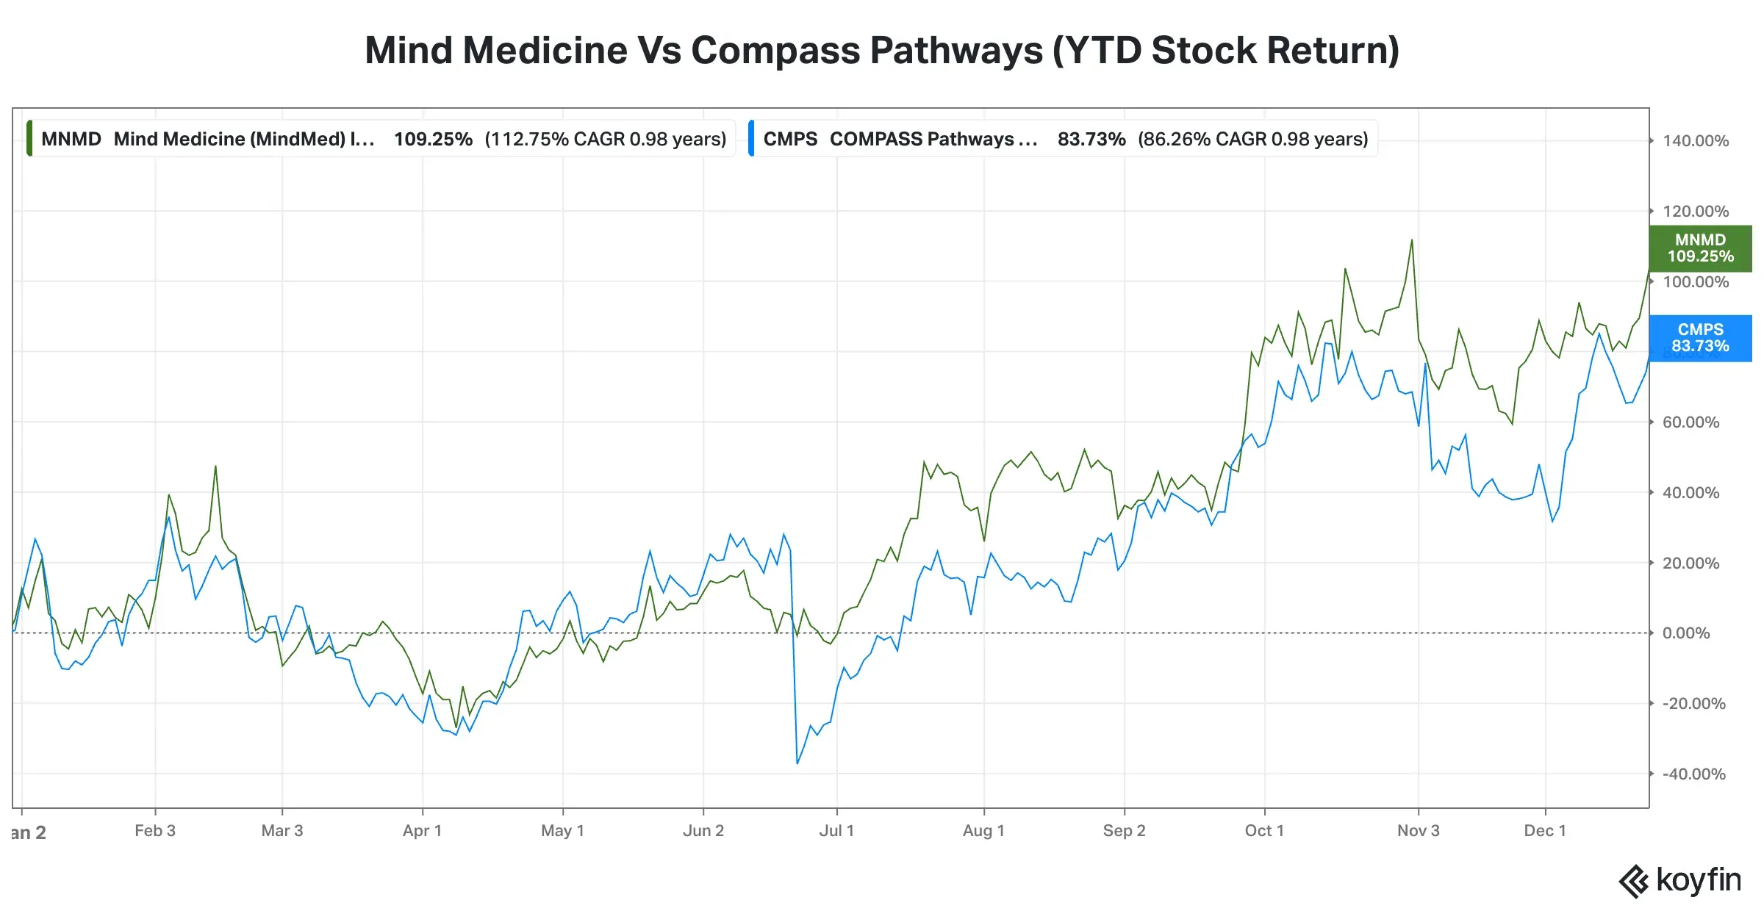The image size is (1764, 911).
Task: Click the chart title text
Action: pyautogui.click(x=881, y=50)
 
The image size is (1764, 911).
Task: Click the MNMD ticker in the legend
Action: pyautogui.click(x=71, y=139)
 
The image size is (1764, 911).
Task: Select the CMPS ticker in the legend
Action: pyautogui.click(x=790, y=139)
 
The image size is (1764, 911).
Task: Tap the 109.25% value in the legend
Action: pyautogui.click(x=433, y=139)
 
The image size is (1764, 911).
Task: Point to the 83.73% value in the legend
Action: pyautogui.click(x=1091, y=139)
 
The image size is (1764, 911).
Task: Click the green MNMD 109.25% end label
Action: pyautogui.click(x=1699, y=248)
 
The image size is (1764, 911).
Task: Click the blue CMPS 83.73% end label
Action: pyautogui.click(x=1699, y=338)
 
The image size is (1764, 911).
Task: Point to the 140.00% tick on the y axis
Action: pyautogui.click(x=1695, y=141)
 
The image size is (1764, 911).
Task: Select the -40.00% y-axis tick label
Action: pyautogui.click(x=1693, y=774)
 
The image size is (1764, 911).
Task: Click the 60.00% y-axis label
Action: pyautogui.click(x=1690, y=422)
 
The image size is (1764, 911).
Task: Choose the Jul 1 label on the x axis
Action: pyautogui.click(x=836, y=831)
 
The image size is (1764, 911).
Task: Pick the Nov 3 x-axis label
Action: pyautogui.click(x=1418, y=831)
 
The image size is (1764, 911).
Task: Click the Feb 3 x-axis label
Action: pyautogui.click(x=155, y=831)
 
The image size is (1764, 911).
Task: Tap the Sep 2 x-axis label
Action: pyautogui.click(x=1124, y=831)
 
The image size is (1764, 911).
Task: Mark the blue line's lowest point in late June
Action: pyautogui.click(x=797, y=763)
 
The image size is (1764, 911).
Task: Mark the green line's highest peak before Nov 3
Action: pyautogui.click(x=1412, y=240)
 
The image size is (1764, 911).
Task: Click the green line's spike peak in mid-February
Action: pyautogui.click(x=215, y=467)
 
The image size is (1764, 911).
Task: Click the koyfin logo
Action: pyautogui.click(x=1680, y=880)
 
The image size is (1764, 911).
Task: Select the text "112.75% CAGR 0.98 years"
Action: pyautogui.click(x=605, y=139)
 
